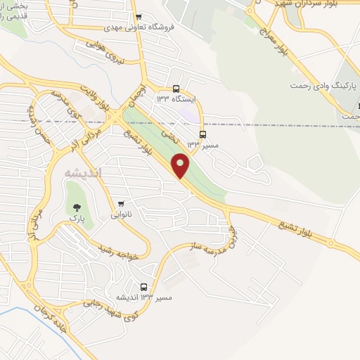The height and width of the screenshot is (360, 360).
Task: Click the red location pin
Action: [181, 165]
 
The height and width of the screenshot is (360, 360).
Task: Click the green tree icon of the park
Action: [76, 207]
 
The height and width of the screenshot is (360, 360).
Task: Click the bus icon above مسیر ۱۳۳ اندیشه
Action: [143, 287]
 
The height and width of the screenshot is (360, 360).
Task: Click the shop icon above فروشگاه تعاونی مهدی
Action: [139, 18]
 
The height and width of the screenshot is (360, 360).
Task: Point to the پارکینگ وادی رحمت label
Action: [320, 85]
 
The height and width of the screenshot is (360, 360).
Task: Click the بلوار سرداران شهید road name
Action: [316, 6]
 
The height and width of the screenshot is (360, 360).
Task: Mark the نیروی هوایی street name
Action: [105, 53]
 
